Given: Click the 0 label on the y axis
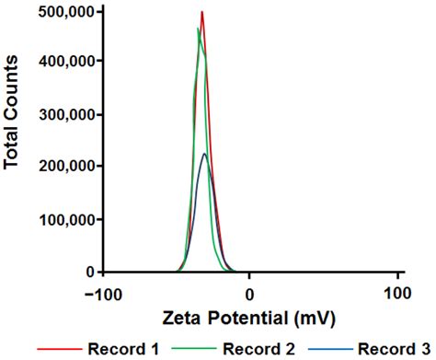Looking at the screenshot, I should (x=90, y=272).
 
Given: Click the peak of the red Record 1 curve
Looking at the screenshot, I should (x=201, y=12).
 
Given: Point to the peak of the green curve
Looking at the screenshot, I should (x=198, y=29).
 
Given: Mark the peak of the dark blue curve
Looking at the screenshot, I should (x=205, y=154).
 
